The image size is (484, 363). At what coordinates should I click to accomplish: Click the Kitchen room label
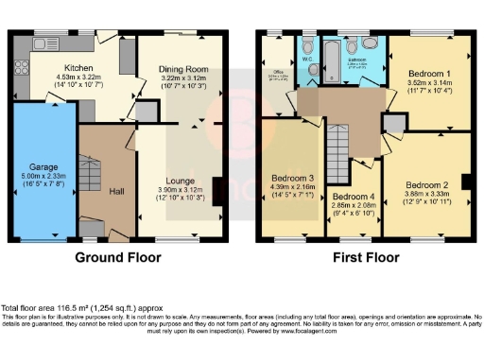(x=77, y=68)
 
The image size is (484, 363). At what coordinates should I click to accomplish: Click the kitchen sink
(x=42, y=44)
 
